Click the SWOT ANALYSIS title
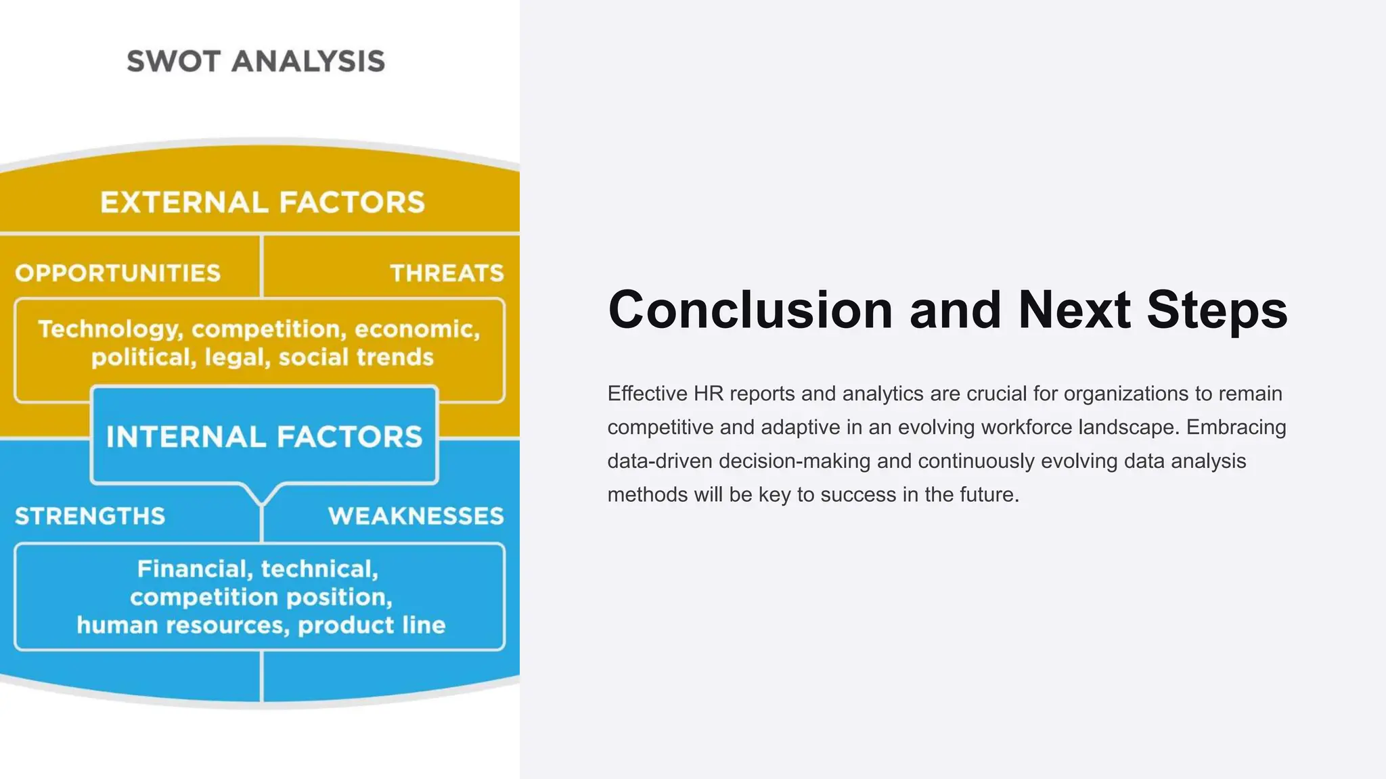256,62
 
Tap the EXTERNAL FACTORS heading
263,203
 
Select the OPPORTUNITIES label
118,273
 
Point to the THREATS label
447,273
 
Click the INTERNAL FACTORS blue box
264,436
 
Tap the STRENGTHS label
90,517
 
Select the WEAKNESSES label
416,517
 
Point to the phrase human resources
183,625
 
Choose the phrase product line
372,625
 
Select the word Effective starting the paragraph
647,394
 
